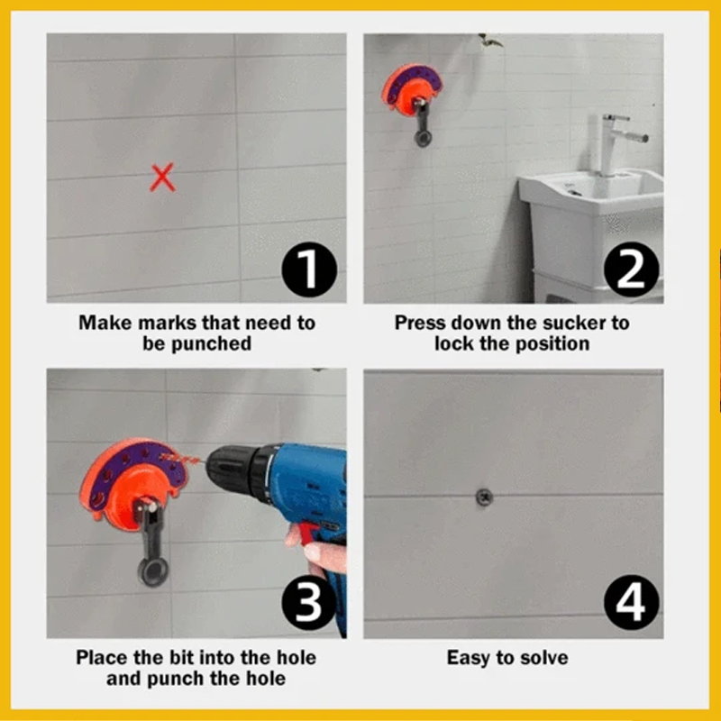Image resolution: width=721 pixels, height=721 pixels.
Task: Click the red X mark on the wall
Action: tap(162, 178)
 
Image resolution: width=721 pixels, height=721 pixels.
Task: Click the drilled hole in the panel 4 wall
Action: tap(484, 497)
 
